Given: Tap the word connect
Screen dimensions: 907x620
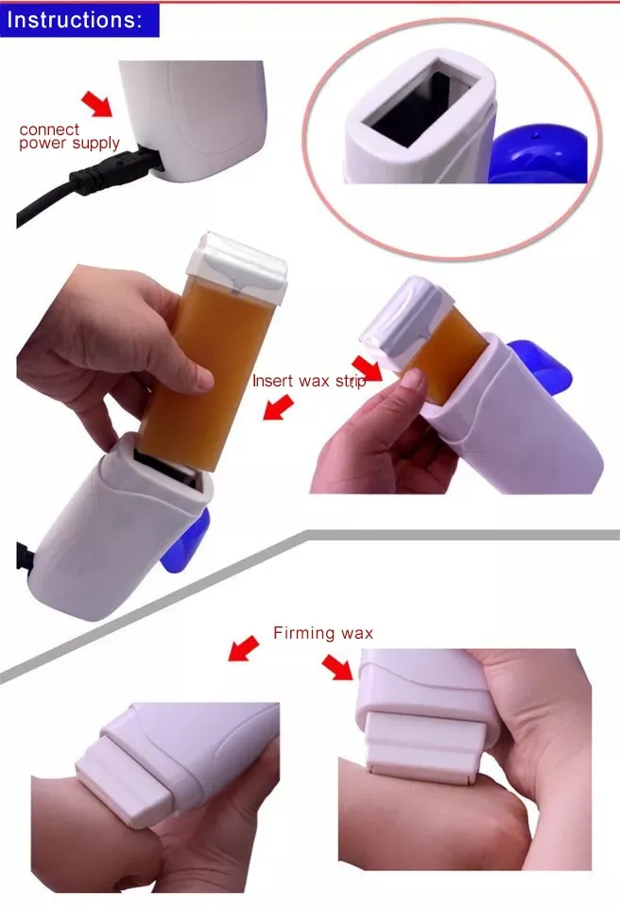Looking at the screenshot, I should pos(49,128).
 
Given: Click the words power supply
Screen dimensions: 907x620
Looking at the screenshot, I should pos(70,144).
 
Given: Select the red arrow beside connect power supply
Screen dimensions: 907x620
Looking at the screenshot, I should pos(96,102).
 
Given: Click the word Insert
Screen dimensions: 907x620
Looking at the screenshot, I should pos(271,381).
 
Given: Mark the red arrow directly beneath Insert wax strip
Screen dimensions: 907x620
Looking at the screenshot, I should pos(277,408).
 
